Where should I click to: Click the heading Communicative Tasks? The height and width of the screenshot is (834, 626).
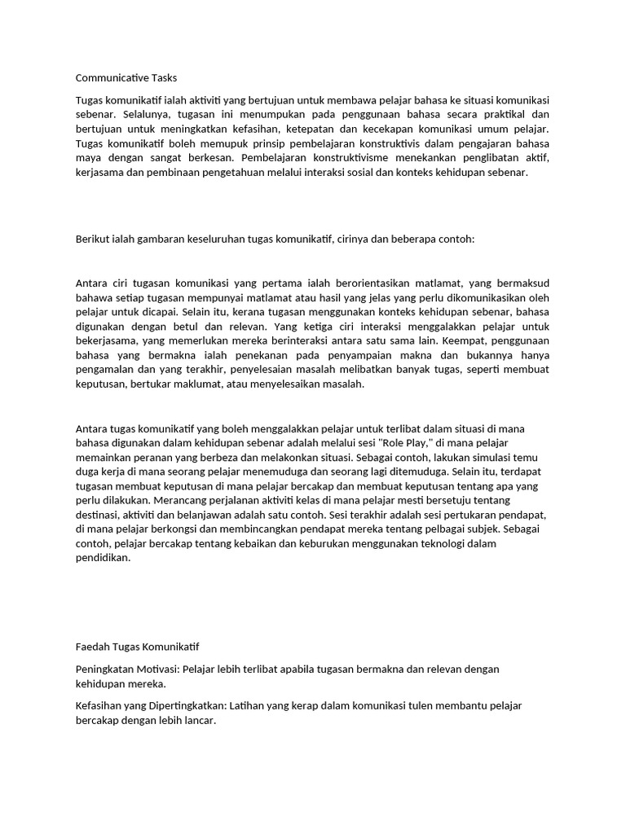point(126,78)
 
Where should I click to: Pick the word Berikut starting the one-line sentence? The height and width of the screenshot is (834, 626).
point(95,241)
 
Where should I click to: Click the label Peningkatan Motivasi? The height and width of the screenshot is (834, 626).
point(127,669)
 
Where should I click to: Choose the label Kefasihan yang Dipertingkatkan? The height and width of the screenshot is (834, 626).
point(152,705)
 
